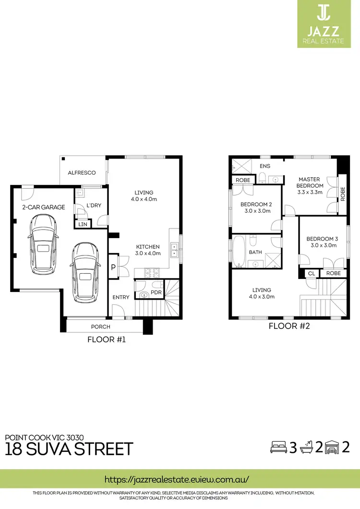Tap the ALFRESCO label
(x=82, y=172)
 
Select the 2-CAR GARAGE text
(x=44, y=207)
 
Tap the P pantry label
(x=113, y=268)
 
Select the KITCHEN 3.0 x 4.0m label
(x=147, y=250)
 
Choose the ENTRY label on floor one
(x=121, y=297)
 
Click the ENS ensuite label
(x=265, y=166)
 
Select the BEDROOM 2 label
(x=256, y=207)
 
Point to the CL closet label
(x=311, y=273)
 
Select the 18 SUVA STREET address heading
(x=69, y=449)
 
